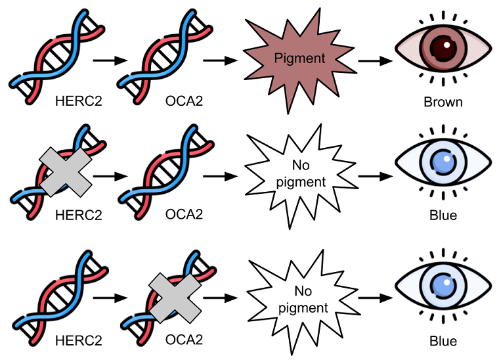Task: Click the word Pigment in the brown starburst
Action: (x=300, y=58)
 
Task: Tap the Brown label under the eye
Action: (x=443, y=102)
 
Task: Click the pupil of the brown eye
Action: (x=443, y=48)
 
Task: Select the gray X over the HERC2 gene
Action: (x=65, y=172)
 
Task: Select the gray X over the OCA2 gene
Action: (x=175, y=298)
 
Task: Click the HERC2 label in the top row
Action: (x=79, y=101)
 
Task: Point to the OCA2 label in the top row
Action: (x=184, y=101)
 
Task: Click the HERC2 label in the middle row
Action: (x=79, y=215)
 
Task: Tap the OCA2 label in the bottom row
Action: (x=184, y=340)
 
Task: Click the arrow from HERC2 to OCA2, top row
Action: (x=110, y=60)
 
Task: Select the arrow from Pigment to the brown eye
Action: (x=376, y=60)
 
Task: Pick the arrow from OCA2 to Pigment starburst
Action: (x=220, y=60)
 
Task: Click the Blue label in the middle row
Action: (x=443, y=215)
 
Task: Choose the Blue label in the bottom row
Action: (x=443, y=341)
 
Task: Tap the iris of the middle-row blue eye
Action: (x=443, y=161)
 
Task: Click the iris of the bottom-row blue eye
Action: (x=443, y=285)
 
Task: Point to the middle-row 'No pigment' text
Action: (x=301, y=174)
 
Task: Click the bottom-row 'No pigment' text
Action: (x=303, y=300)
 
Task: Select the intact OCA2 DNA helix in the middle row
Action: (x=166, y=172)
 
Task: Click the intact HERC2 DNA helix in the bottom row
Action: (x=60, y=298)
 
